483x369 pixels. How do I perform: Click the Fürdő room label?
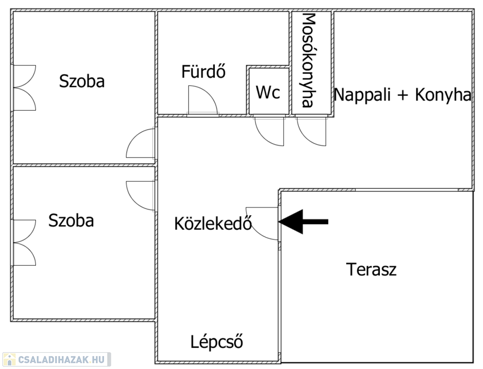[x=203, y=71]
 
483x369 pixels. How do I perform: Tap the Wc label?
[x=268, y=92]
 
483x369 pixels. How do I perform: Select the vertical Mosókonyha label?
[x=309, y=60]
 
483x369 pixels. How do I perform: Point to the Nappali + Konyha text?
[x=402, y=94]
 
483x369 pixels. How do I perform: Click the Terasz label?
[x=371, y=269]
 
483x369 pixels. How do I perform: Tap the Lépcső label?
[x=216, y=342]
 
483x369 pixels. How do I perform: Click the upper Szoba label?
[x=82, y=81]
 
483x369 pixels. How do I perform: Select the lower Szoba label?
[x=71, y=221]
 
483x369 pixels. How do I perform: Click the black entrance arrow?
[x=304, y=221]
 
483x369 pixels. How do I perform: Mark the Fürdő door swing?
[x=203, y=100]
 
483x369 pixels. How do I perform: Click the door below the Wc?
[x=269, y=131]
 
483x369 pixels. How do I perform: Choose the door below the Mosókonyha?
[x=311, y=131]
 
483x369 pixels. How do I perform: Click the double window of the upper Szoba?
[x=24, y=87]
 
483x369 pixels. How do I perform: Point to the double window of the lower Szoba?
[x=24, y=243]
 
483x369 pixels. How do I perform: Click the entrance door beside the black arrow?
[x=262, y=223]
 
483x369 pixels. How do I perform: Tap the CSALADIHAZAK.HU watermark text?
[x=61, y=359]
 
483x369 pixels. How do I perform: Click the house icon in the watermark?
[x=9, y=359]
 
